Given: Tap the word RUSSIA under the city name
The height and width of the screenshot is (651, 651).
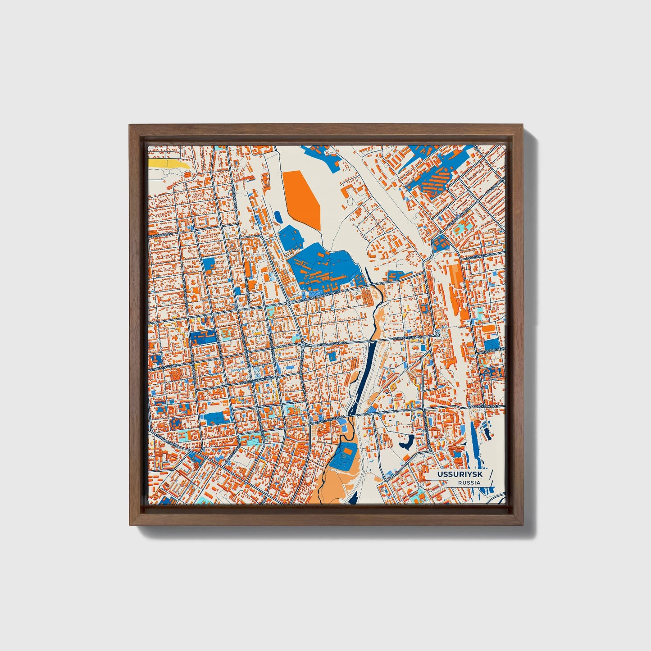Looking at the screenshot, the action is [469, 483].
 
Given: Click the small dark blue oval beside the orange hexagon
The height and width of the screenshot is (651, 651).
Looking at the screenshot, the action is [278, 218].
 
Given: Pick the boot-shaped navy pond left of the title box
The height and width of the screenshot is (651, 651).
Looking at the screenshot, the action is [407, 442].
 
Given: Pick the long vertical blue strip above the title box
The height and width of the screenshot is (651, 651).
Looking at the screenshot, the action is [473, 444].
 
